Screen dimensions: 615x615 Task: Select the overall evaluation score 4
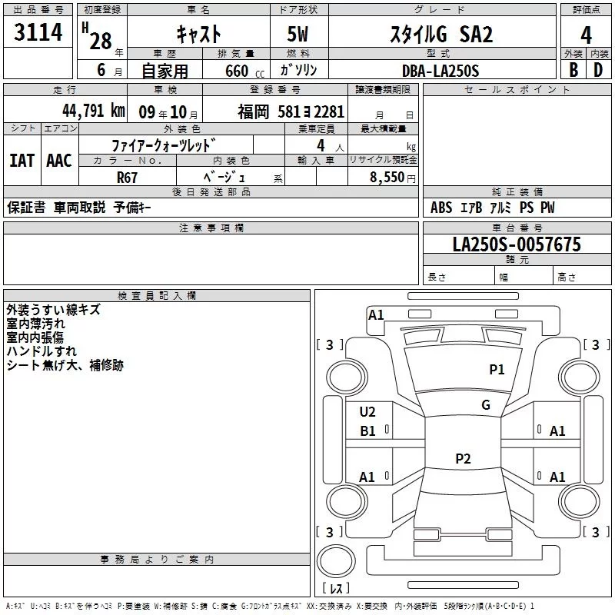[587, 35]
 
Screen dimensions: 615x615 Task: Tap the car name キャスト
[198, 35]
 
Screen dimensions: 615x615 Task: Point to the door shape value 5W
[299, 35]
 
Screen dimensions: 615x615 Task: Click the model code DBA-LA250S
[440, 71]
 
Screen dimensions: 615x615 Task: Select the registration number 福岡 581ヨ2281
[291, 112]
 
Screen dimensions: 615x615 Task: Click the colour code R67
[128, 177]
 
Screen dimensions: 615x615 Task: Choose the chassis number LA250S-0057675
[517, 245]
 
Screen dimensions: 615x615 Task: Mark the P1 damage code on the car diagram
[497, 370]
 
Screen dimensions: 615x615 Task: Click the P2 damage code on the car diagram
[463, 459]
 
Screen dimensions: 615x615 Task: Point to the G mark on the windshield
[486, 405]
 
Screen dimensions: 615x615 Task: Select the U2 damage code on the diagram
[367, 412]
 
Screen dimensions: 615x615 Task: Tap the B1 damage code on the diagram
[367, 431]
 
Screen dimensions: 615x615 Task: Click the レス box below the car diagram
[335, 588]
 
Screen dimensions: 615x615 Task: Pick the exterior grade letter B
[573, 70]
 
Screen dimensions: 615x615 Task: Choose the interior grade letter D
[598, 70]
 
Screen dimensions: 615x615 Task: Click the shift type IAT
[22, 160]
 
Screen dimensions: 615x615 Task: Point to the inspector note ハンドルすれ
[38, 351]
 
